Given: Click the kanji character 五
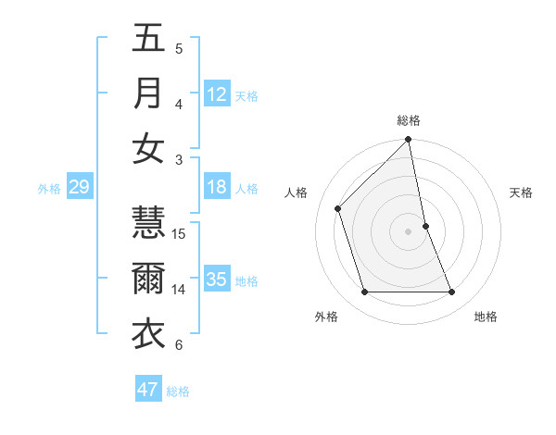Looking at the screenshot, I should pyautogui.click(x=148, y=38).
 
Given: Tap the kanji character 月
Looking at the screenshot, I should pyautogui.click(x=148, y=93).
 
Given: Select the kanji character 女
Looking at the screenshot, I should pyautogui.click(x=148, y=148).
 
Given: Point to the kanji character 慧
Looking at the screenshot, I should pyautogui.click(x=148, y=222).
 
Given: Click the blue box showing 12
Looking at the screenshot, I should pyautogui.click(x=217, y=93).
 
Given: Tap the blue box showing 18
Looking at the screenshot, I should pyautogui.click(x=217, y=187).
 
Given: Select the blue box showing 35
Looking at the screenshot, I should pyautogui.click(x=217, y=280).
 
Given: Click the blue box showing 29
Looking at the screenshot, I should pyautogui.click(x=79, y=188).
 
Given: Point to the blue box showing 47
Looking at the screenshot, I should pyautogui.click(x=148, y=390).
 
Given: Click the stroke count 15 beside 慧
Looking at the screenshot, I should pyautogui.click(x=180, y=234).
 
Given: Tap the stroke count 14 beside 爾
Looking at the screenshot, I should pyautogui.click(x=180, y=290).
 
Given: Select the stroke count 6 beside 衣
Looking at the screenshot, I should pyautogui.click(x=179, y=345).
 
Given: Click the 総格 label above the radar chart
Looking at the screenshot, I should pyautogui.click(x=409, y=120).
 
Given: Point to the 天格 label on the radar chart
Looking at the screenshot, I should pyautogui.click(x=522, y=193).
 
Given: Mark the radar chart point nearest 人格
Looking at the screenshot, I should pyautogui.click(x=338, y=208).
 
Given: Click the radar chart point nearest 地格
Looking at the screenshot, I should pyautogui.click(x=452, y=292).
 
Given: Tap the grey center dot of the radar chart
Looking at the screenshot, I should pyautogui.click(x=409, y=230).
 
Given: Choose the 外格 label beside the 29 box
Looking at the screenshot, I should pyautogui.click(x=49, y=189).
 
